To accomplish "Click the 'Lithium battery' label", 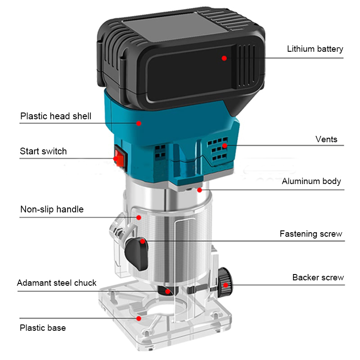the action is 315,49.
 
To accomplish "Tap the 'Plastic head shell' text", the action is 56,116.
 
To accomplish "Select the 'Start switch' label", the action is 43,151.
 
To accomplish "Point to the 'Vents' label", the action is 326,139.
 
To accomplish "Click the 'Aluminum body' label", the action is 311,181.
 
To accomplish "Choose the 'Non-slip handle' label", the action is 52,209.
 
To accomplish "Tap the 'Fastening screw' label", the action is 311,234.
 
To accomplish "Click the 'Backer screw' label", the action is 318,277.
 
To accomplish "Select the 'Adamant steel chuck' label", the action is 57,283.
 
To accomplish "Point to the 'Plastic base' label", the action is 43,328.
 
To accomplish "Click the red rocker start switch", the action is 120,156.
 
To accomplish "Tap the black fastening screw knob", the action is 136,254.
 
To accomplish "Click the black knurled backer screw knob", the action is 225,283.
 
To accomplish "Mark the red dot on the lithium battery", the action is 224,58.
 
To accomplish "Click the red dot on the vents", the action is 225,145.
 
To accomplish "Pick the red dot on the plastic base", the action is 139,319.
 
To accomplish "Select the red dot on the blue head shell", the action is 139,123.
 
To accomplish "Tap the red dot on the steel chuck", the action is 168,292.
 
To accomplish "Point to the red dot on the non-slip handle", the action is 139,217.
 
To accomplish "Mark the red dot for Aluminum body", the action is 199,190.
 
